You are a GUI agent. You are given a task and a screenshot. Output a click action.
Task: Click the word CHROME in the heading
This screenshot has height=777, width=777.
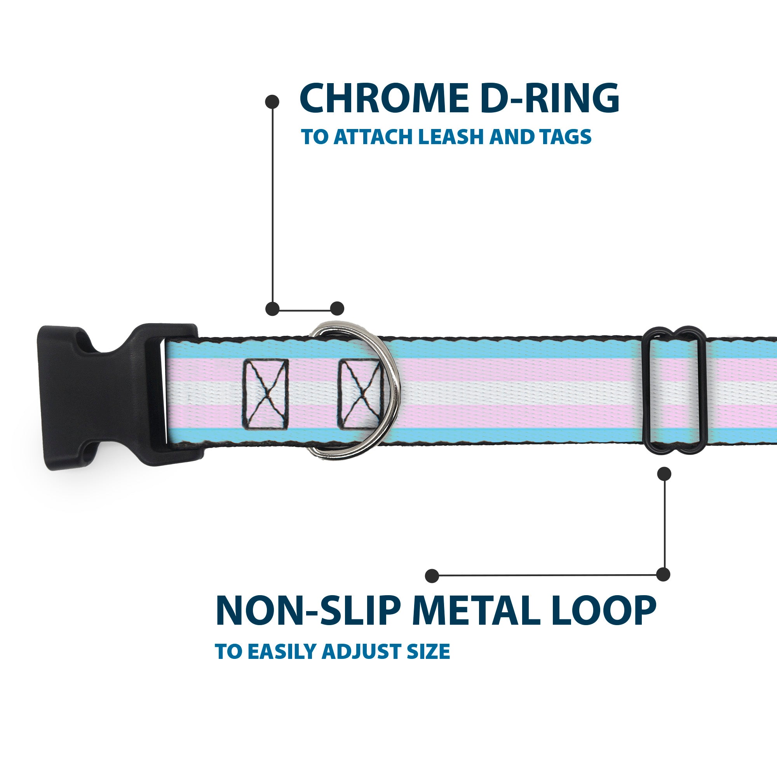point(384,99)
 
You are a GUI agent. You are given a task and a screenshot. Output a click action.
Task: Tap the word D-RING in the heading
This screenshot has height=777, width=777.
point(549,99)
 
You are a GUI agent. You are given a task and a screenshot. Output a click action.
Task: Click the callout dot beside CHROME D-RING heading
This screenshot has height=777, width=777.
point(272,102)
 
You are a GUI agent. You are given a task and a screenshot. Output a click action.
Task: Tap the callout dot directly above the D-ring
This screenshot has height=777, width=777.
point(337,308)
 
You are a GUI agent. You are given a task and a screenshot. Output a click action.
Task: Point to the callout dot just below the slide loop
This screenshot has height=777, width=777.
point(664,474)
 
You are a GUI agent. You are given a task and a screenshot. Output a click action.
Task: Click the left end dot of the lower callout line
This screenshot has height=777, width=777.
point(432,575)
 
